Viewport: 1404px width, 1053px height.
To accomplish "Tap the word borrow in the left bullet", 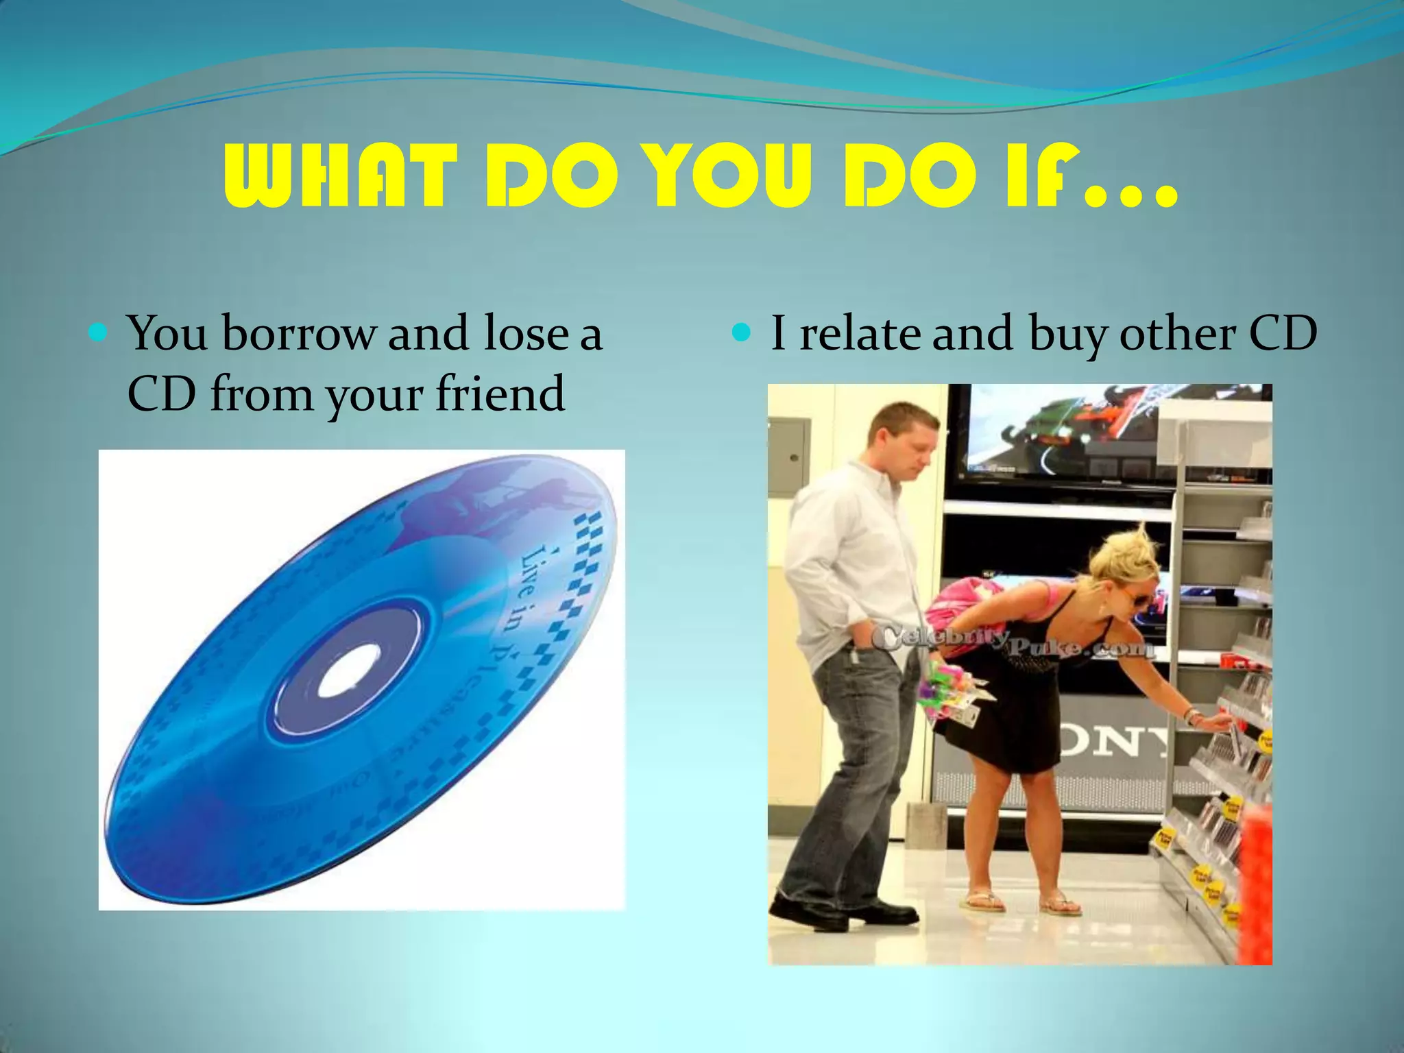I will click(x=299, y=334).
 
